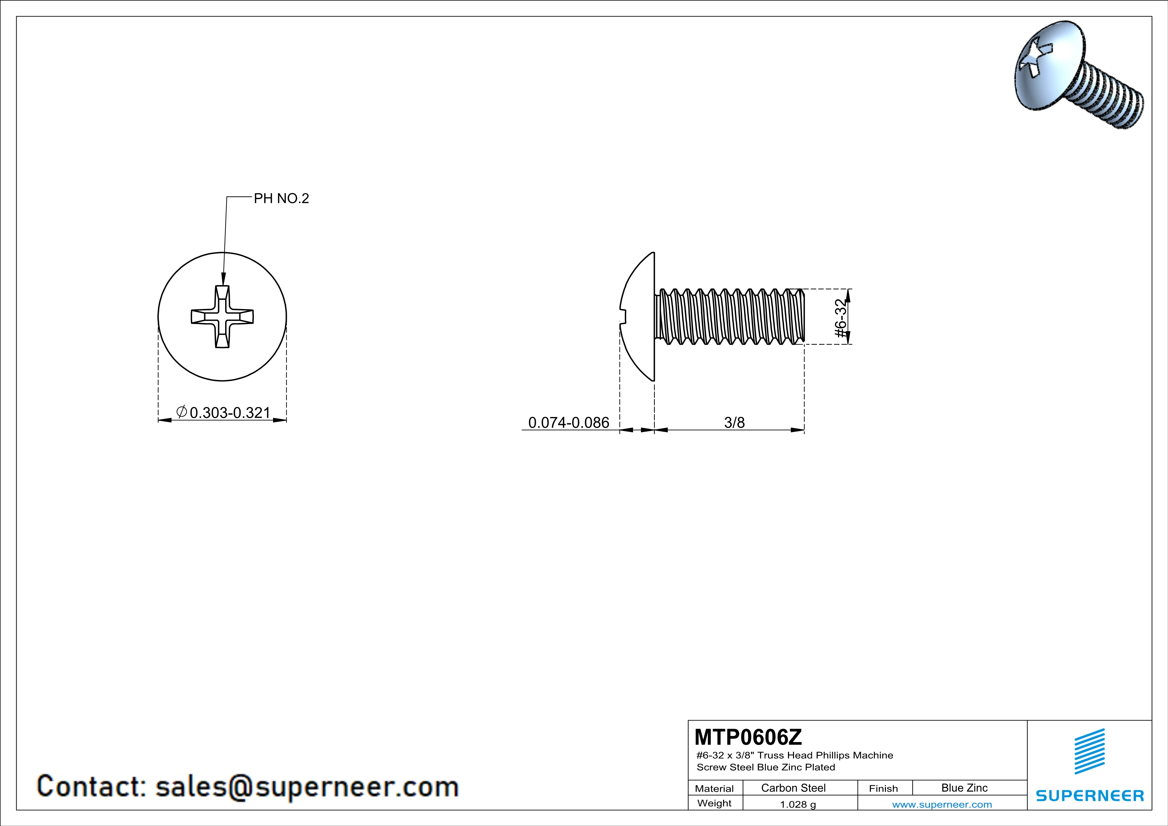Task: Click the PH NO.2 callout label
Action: pyautogui.click(x=281, y=199)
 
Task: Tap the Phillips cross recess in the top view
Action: pyautogui.click(x=222, y=316)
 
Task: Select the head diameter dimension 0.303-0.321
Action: pyautogui.click(x=229, y=412)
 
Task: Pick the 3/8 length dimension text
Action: pyautogui.click(x=734, y=423)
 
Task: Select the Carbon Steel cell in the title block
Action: pyautogui.click(x=793, y=788)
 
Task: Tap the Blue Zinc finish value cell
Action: pyautogui.click(x=964, y=788)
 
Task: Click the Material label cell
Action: pyautogui.click(x=714, y=788)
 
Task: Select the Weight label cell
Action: pyautogui.click(x=714, y=803)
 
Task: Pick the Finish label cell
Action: pyautogui.click(x=883, y=788)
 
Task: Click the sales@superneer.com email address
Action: pyautogui.click(x=307, y=786)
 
